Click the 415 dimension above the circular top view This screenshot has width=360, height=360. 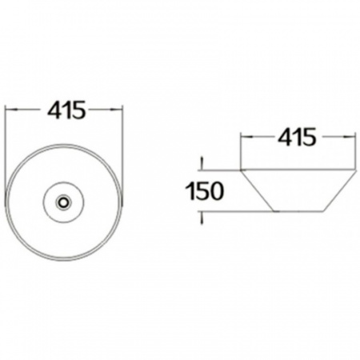(x=66, y=110)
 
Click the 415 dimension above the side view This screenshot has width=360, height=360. (x=297, y=137)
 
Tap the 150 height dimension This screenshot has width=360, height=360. (x=205, y=191)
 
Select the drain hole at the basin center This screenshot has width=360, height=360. (x=64, y=202)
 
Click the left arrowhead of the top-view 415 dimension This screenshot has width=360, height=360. (x=11, y=109)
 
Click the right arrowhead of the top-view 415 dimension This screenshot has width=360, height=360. (x=117, y=109)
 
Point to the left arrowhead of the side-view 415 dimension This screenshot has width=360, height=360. (x=246, y=137)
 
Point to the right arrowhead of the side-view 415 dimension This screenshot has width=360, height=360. (x=350, y=137)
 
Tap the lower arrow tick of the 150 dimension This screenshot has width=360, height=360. (x=202, y=218)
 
